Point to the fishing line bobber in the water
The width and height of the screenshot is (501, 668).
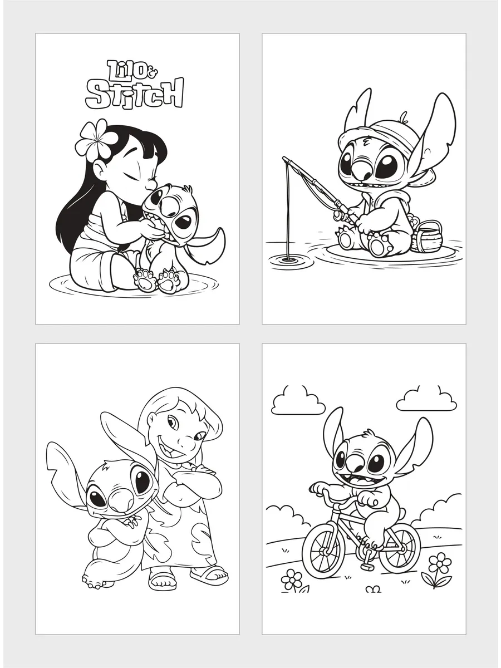point(287,259)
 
